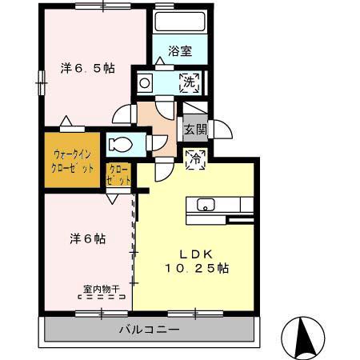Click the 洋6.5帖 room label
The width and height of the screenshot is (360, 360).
pyautogui.click(x=87, y=69)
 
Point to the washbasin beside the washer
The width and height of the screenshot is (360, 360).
pyautogui.click(x=146, y=82)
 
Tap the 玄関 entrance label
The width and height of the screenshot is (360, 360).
pyautogui.click(x=194, y=128)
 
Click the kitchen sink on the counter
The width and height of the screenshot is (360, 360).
pyautogui.click(x=203, y=204)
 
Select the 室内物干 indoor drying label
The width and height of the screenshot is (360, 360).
pyautogui.click(x=100, y=289)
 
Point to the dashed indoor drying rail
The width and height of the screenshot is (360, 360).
pyautogui.click(x=102, y=297)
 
